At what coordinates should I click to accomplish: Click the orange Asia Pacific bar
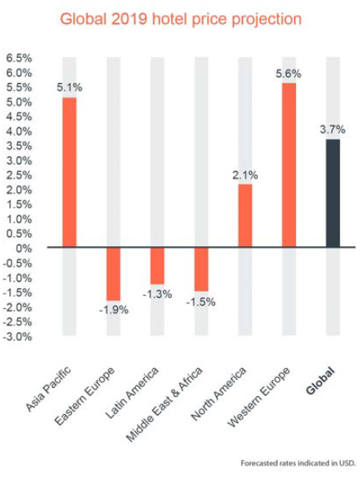pos(70,173)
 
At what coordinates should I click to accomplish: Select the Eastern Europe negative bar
pos(114,274)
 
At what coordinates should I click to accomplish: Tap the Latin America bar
pos(157,266)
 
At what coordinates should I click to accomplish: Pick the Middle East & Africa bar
pos(202,269)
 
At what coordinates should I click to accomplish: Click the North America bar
pos(245,215)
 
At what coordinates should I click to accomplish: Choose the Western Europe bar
pos(289,165)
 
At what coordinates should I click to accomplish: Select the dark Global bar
pos(333,193)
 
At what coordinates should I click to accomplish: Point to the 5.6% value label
pos(289,74)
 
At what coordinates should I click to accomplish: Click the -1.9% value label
pos(114,310)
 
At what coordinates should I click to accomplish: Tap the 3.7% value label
pos(332,130)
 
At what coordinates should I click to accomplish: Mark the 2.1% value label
pos(245,175)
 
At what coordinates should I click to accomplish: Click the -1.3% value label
pos(157,295)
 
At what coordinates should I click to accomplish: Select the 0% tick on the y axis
pos(24,249)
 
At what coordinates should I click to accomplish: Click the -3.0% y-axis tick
pos(17,336)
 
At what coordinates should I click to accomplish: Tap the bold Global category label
pos(320,381)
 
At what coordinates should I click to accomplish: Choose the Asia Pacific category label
pos(48,389)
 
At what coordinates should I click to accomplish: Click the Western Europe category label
pos(259,397)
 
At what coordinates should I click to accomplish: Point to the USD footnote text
pos(298,463)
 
